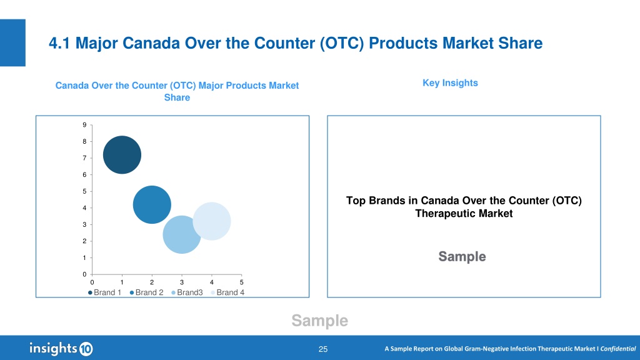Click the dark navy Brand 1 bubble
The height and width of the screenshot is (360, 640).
(x=122, y=155)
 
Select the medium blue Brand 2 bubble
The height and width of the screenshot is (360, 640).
(x=152, y=204)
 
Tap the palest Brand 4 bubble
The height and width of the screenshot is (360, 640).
(x=211, y=221)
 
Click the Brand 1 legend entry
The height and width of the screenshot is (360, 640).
(x=104, y=292)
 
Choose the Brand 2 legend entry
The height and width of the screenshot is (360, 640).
(x=146, y=292)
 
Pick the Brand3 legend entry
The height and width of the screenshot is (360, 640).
(x=187, y=292)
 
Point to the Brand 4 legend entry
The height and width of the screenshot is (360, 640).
(x=227, y=292)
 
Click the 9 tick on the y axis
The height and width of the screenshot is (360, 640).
(x=84, y=125)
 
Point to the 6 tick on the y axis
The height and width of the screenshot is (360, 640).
(x=84, y=175)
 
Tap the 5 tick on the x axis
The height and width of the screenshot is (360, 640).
(x=242, y=282)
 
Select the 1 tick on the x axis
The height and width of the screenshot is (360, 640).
(x=122, y=282)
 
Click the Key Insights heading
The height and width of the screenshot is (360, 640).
(x=450, y=83)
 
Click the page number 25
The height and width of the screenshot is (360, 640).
(x=323, y=349)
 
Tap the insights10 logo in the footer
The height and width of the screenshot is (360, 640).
(x=61, y=349)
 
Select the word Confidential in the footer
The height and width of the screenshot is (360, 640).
(x=618, y=349)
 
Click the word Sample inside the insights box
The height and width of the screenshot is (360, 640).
(x=462, y=256)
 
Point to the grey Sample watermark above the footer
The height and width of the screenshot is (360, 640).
(x=319, y=321)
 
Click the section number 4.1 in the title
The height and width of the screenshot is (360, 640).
(x=59, y=43)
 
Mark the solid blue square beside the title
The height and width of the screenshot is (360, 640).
(x=12, y=42)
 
